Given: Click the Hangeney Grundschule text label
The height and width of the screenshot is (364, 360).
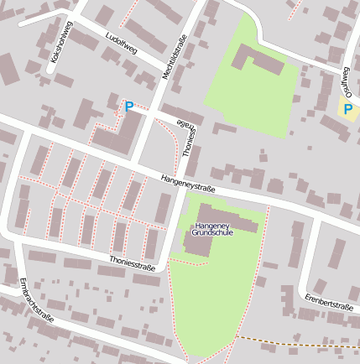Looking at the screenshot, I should (x=211, y=229).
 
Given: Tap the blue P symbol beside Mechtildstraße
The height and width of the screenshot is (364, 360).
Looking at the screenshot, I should (x=128, y=107).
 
